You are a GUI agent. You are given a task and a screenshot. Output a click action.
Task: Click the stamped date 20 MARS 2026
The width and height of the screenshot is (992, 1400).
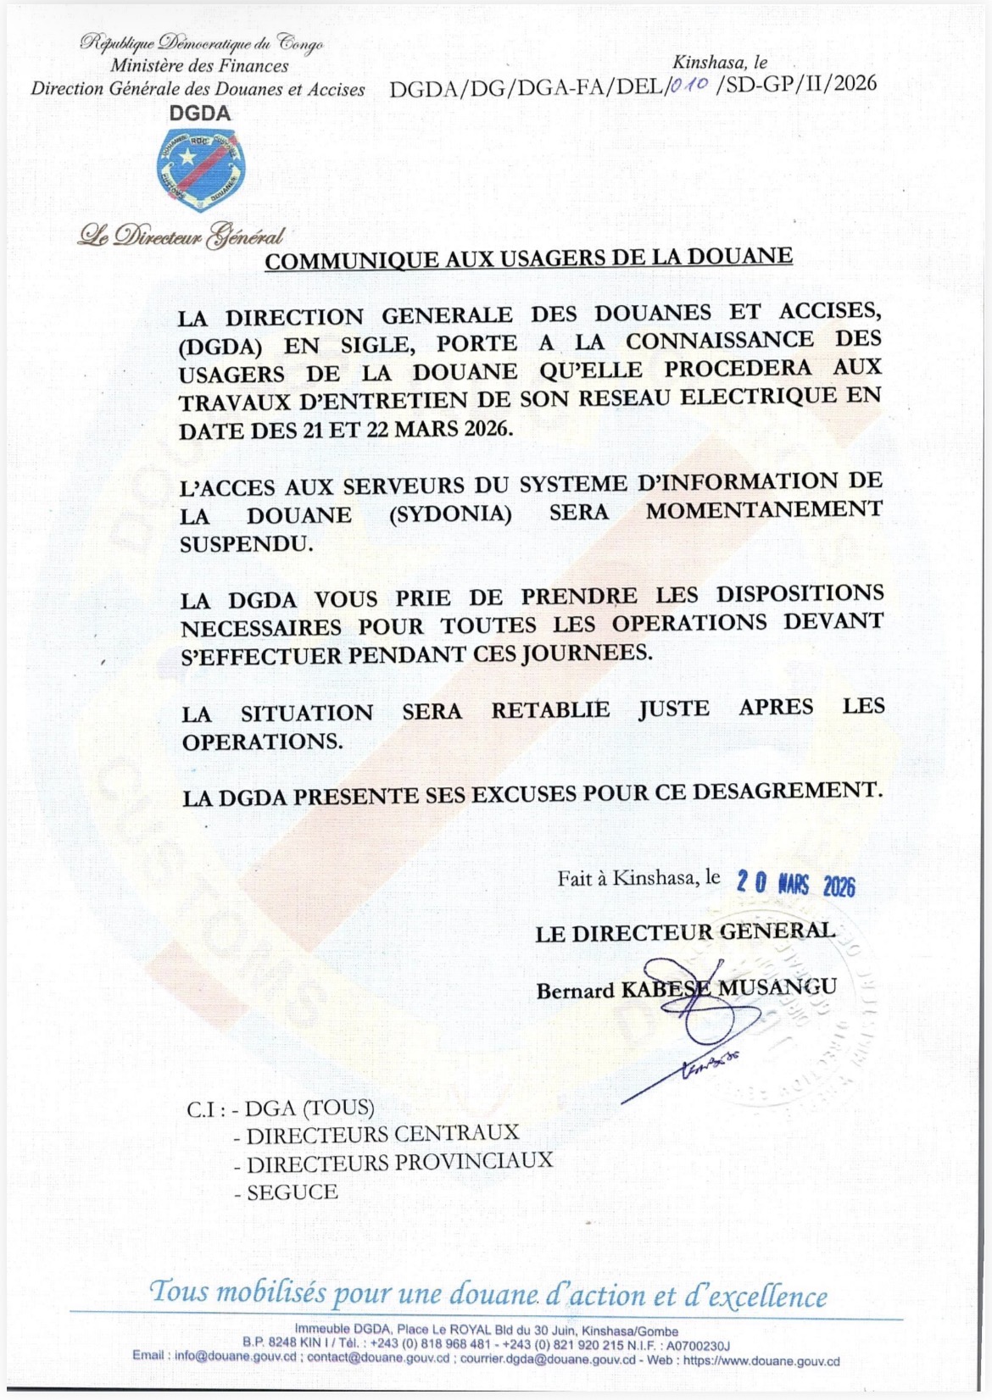(x=795, y=884)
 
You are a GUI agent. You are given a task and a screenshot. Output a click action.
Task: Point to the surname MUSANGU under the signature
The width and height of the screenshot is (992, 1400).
(x=777, y=987)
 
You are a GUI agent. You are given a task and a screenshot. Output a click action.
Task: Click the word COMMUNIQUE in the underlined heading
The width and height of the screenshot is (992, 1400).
(x=354, y=261)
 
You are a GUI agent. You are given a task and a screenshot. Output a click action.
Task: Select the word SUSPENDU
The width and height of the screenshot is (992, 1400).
(x=246, y=544)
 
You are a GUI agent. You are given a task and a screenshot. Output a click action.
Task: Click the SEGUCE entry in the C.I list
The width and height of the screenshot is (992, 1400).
(x=293, y=1192)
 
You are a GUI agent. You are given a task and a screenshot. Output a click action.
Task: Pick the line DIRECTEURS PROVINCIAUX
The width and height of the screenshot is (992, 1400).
(x=399, y=1162)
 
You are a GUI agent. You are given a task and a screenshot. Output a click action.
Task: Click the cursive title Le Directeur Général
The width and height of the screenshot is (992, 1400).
(x=181, y=235)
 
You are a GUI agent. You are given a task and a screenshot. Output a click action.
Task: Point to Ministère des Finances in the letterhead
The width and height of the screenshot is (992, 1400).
(x=199, y=66)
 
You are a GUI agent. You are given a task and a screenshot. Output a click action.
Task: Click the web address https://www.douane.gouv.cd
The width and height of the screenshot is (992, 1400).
(x=761, y=1361)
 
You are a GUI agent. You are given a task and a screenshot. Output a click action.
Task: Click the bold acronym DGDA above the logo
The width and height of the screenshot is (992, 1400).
(x=199, y=113)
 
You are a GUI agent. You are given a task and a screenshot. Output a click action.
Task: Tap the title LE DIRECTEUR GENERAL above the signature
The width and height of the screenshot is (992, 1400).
(x=685, y=932)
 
